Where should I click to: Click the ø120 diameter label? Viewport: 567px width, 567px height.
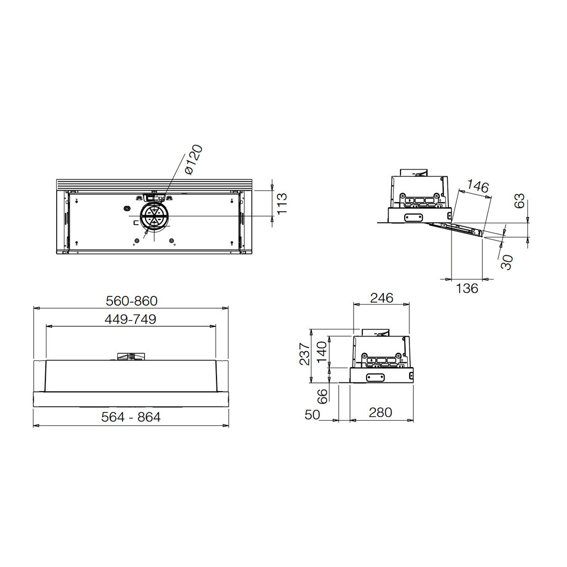point(193,159)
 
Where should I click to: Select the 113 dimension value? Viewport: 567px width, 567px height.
point(281,204)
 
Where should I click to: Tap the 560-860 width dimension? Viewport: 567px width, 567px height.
point(131,301)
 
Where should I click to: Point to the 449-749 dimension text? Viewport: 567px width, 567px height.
point(130,319)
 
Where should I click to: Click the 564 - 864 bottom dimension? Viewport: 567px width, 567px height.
point(131,417)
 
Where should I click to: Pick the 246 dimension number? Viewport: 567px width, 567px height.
point(381,298)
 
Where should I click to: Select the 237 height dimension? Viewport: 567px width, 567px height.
point(305,354)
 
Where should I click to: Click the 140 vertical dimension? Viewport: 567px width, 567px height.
point(322,353)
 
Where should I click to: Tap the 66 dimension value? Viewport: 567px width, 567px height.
point(322,396)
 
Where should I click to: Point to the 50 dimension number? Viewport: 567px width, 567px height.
point(312,415)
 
